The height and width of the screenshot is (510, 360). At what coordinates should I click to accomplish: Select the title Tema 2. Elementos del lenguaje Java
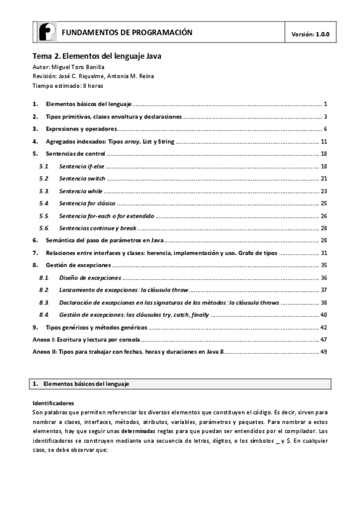click(x=97, y=55)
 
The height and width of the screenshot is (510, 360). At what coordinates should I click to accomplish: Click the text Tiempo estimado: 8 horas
click(x=64, y=85)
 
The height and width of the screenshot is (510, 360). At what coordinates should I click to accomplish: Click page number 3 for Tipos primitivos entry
click(x=325, y=117)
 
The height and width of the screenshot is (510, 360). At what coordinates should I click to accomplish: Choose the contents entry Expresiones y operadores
click(x=81, y=129)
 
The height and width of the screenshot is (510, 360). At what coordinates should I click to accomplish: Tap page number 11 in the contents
click(x=323, y=141)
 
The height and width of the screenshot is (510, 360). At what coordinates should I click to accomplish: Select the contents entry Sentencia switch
click(x=82, y=179)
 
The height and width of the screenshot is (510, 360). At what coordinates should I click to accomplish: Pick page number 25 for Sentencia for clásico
click(x=323, y=203)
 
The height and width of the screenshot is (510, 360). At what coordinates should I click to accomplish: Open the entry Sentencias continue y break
click(x=97, y=228)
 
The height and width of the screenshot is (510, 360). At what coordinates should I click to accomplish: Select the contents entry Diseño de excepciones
click(x=90, y=278)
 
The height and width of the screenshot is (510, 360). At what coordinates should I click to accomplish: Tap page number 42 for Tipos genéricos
click(x=323, y=327)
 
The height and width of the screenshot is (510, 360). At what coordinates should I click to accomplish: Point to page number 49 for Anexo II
click(x=323, y=352)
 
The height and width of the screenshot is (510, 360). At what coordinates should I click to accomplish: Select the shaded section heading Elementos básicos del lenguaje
click(x=86, y=383)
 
